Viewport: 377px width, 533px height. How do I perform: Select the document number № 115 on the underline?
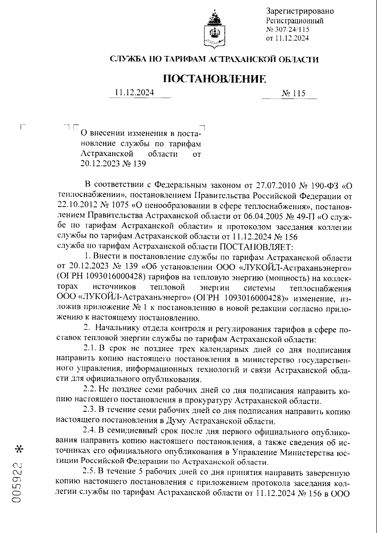(293, 93)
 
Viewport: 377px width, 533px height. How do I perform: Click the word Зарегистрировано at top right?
(300, 12)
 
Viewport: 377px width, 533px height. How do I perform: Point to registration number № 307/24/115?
(287, 30)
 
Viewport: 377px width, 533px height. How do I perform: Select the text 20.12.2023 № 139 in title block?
(113, 164)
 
